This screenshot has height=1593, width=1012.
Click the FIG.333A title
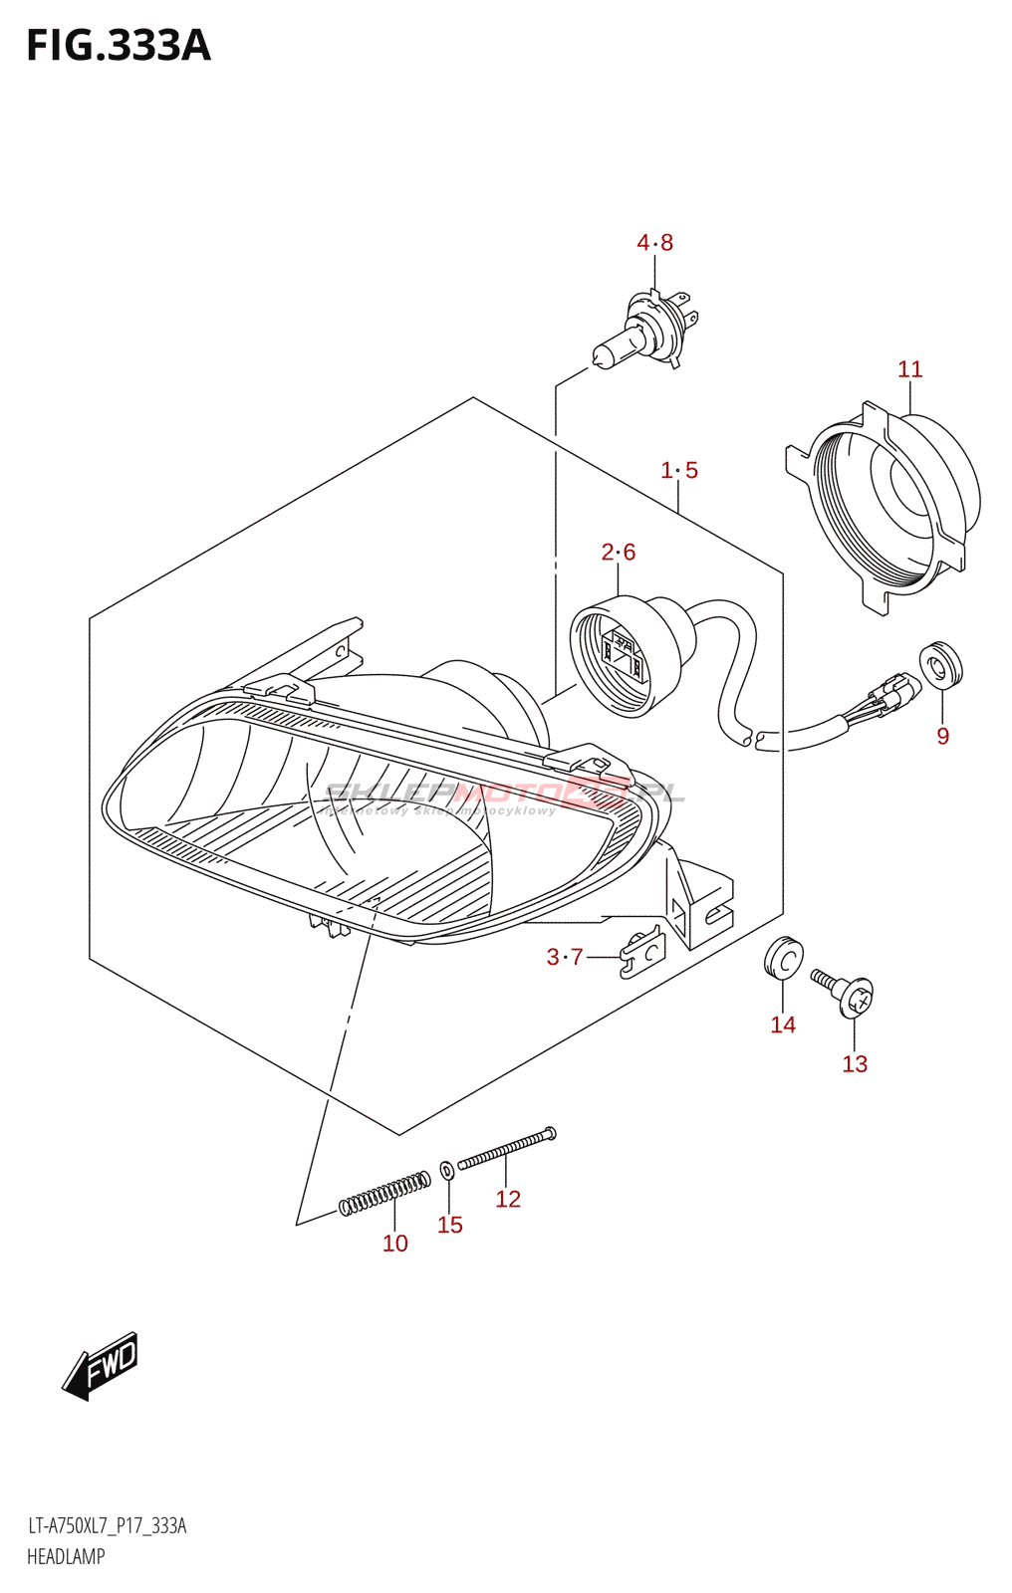119,46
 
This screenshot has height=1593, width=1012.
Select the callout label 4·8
654,242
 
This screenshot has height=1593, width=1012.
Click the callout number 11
909,369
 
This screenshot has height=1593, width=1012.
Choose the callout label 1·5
679,470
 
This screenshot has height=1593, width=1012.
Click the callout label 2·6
618,552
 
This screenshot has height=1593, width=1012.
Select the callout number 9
942,736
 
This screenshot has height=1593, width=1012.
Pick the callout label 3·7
565,957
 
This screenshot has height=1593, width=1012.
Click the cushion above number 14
784,958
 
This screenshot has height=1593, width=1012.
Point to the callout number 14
783,1024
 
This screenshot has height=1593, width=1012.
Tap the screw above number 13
845,993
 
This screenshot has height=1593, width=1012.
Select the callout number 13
855,1063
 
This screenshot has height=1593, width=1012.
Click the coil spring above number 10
384,1193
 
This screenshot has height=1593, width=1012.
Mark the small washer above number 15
447,1168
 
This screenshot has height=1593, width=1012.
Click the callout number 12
508,1199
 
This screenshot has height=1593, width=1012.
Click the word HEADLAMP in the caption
66,1556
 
